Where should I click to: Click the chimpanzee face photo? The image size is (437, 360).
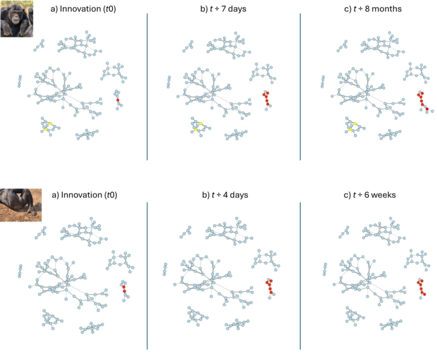tap(16, 18)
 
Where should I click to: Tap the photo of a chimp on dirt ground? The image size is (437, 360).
tap(21, 205)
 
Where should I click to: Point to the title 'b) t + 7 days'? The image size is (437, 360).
tap(223, 9)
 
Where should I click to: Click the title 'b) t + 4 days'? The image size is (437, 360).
tap(225, 195)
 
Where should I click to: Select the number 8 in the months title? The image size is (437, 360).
tap(367, 9)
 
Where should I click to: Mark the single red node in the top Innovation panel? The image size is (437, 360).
tap(117, 100)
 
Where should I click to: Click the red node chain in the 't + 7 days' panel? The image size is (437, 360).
tap(266, 98)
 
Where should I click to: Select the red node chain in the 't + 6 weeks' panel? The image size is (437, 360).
tap(421, 287)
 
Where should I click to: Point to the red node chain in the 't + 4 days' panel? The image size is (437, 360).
tap(270, 286)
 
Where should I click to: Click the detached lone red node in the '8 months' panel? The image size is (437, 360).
tap(427, 109)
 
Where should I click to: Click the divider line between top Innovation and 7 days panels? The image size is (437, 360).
tap(147, 86)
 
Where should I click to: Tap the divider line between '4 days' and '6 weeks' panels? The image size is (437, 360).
tap(300, 276)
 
